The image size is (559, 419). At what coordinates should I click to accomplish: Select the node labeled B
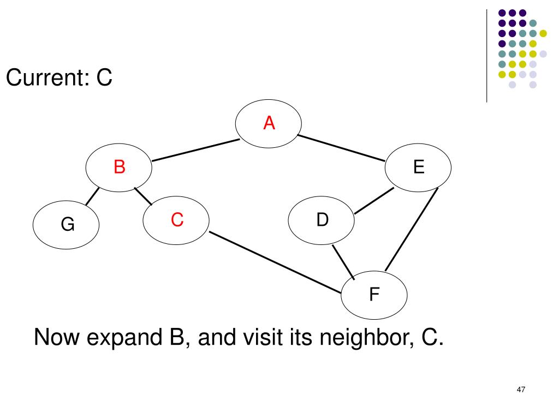coord(119,167)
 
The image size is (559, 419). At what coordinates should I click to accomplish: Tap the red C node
coord(176,220)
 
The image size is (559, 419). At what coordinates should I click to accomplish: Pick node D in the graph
coord(322,221)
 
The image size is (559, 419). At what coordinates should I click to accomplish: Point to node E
coord(419,167)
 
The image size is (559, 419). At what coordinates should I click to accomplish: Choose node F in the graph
coord(374,296)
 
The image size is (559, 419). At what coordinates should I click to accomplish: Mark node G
coord(67,225)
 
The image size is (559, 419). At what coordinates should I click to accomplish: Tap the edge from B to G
coord(92,197)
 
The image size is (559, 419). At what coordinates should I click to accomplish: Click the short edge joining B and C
coord(143,196)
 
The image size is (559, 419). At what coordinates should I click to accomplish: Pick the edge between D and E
coord(374,200)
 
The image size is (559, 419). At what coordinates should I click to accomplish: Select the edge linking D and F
coord(344,262)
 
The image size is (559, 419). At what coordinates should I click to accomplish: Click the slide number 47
coord(520,390)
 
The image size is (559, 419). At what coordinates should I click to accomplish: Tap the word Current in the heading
coord(43,79)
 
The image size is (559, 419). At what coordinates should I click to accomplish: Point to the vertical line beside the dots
coord(486,55)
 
